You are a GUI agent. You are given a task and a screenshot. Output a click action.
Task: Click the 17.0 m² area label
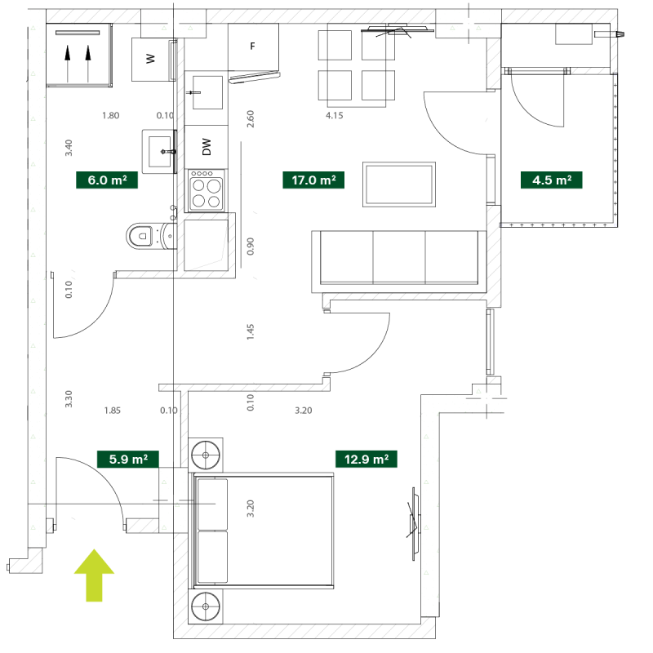pos(313,180)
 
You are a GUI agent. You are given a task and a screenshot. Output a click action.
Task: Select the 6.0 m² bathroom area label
pos(107,180)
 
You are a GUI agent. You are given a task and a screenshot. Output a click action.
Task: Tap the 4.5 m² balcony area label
pos(552,180)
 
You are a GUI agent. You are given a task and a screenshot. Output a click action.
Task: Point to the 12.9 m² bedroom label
pos(366,459)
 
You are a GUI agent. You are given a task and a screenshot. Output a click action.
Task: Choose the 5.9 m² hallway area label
pos(128,459)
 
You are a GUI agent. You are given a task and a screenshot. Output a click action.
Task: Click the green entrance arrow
pos(94,575)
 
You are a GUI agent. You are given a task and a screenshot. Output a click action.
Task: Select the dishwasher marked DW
pos(207,147)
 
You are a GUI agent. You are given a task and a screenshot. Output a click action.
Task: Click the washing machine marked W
pos(151,59)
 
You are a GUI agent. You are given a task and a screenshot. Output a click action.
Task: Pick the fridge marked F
pos(253,47)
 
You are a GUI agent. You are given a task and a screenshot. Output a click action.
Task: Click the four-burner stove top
pos(207,190)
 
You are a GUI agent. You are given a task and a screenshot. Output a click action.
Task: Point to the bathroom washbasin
pos(158,152)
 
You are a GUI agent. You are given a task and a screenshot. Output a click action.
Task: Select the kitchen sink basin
pos(207,92)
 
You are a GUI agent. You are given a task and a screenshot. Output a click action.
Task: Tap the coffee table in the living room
pos(399,184)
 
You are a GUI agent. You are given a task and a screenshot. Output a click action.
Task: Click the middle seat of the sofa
pos(399,258)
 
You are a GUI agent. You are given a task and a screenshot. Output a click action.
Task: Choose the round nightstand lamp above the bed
pos(206,455)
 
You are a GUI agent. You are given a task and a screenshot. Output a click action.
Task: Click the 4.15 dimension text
pos(335,115)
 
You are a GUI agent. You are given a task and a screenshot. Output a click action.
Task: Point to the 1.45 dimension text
pos(251,332)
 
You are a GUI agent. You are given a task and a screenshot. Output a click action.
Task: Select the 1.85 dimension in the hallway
pos(113,411)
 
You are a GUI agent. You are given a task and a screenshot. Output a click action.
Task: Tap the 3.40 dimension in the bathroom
pos(69,148)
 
